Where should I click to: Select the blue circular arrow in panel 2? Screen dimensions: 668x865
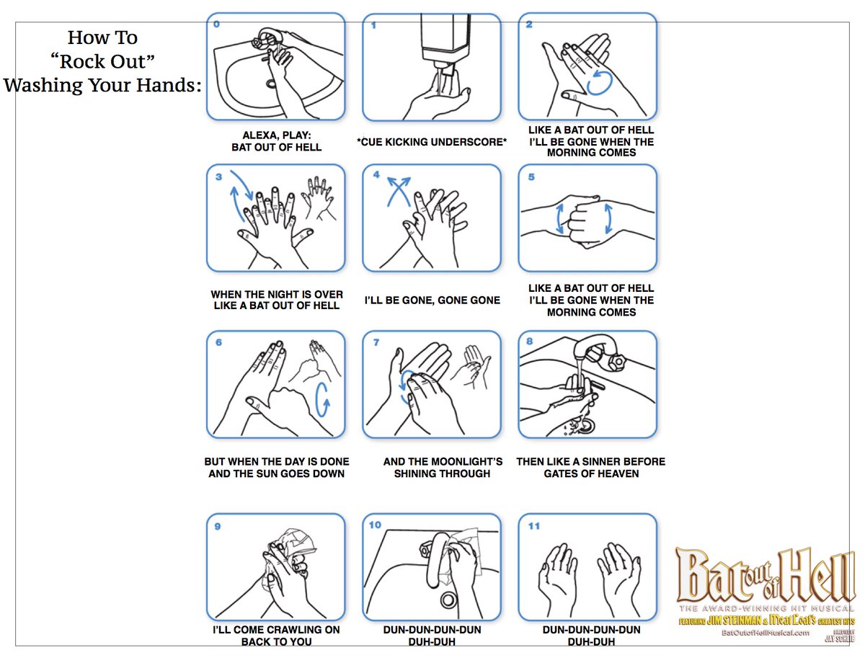(599, 82)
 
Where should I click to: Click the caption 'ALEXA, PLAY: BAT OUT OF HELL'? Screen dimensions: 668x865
(276, 141)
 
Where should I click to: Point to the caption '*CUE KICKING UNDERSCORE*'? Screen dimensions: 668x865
(431, 142)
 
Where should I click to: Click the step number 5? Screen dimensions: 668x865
(531, 177)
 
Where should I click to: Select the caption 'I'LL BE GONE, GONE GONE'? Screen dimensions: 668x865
(432, 300)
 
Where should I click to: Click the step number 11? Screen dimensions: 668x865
(533, 525)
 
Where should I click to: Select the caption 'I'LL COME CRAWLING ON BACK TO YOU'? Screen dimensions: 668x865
(276, 635)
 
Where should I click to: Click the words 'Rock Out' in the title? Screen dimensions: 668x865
(102, 61)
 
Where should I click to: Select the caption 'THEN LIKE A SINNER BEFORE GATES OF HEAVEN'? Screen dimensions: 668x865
(590, 468)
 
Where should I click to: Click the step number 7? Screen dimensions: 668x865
(376, 342)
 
